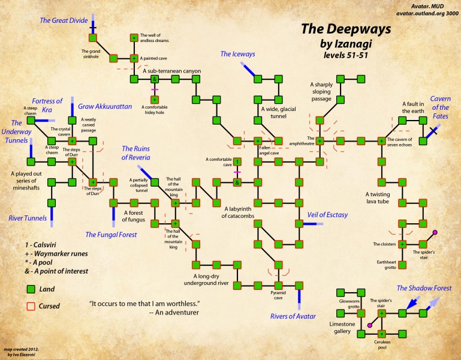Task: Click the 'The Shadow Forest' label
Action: click(424, 288)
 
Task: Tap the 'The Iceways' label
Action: click(237, 54)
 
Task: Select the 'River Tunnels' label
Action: click(28, 218)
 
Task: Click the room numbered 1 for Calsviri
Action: click(237, 161)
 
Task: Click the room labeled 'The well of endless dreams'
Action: click(134, 38)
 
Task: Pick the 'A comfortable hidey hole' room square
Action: click(155, 99)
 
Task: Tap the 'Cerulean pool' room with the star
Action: click(382, 333)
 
